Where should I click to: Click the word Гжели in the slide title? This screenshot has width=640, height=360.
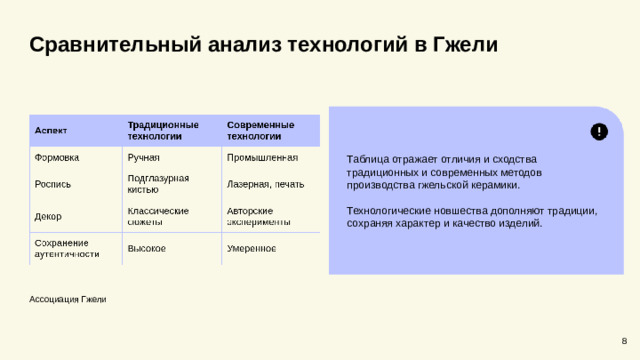pos(461,46)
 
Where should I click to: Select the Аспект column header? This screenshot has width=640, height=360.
pos(52,130)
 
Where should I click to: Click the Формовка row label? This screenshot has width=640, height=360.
pos(57,158)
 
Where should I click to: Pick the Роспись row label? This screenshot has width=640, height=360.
pos(53,184)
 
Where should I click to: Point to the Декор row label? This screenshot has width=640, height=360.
pos(49,215)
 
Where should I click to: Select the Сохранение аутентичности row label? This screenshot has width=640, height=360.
pos(67,248)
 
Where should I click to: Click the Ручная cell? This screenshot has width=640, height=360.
pos(143,158)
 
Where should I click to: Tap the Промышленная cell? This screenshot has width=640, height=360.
pos(262,158)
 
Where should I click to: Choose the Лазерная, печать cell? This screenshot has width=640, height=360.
pos(265,184)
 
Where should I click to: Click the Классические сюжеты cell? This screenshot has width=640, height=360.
pos(158,216)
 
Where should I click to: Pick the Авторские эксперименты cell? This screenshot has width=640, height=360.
pos(258,216)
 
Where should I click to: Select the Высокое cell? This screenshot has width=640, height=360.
pos(147,248)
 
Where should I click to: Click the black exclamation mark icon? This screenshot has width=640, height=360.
pos(598,132)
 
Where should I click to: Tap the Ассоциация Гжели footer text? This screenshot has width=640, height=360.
pos(68,299)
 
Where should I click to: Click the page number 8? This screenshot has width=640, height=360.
pos(624,341)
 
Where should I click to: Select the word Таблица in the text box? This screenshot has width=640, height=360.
pos(368,160)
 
